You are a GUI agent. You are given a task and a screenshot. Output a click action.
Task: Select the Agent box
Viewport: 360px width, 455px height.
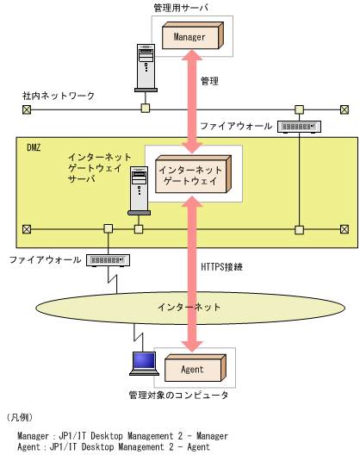(193, 369)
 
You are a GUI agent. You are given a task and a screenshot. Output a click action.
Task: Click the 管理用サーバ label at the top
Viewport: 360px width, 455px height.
(180, 8)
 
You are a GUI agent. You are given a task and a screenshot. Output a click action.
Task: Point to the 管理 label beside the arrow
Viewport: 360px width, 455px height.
(209, 81)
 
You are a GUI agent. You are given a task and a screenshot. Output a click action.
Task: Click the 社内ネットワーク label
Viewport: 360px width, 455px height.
(59, 96)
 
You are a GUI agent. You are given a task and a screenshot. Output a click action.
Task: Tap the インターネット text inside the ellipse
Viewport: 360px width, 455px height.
(189, 307)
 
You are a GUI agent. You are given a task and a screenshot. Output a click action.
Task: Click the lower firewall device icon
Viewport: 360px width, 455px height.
(108, 259)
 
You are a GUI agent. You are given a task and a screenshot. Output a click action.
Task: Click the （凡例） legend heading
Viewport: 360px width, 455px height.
(20, 416)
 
